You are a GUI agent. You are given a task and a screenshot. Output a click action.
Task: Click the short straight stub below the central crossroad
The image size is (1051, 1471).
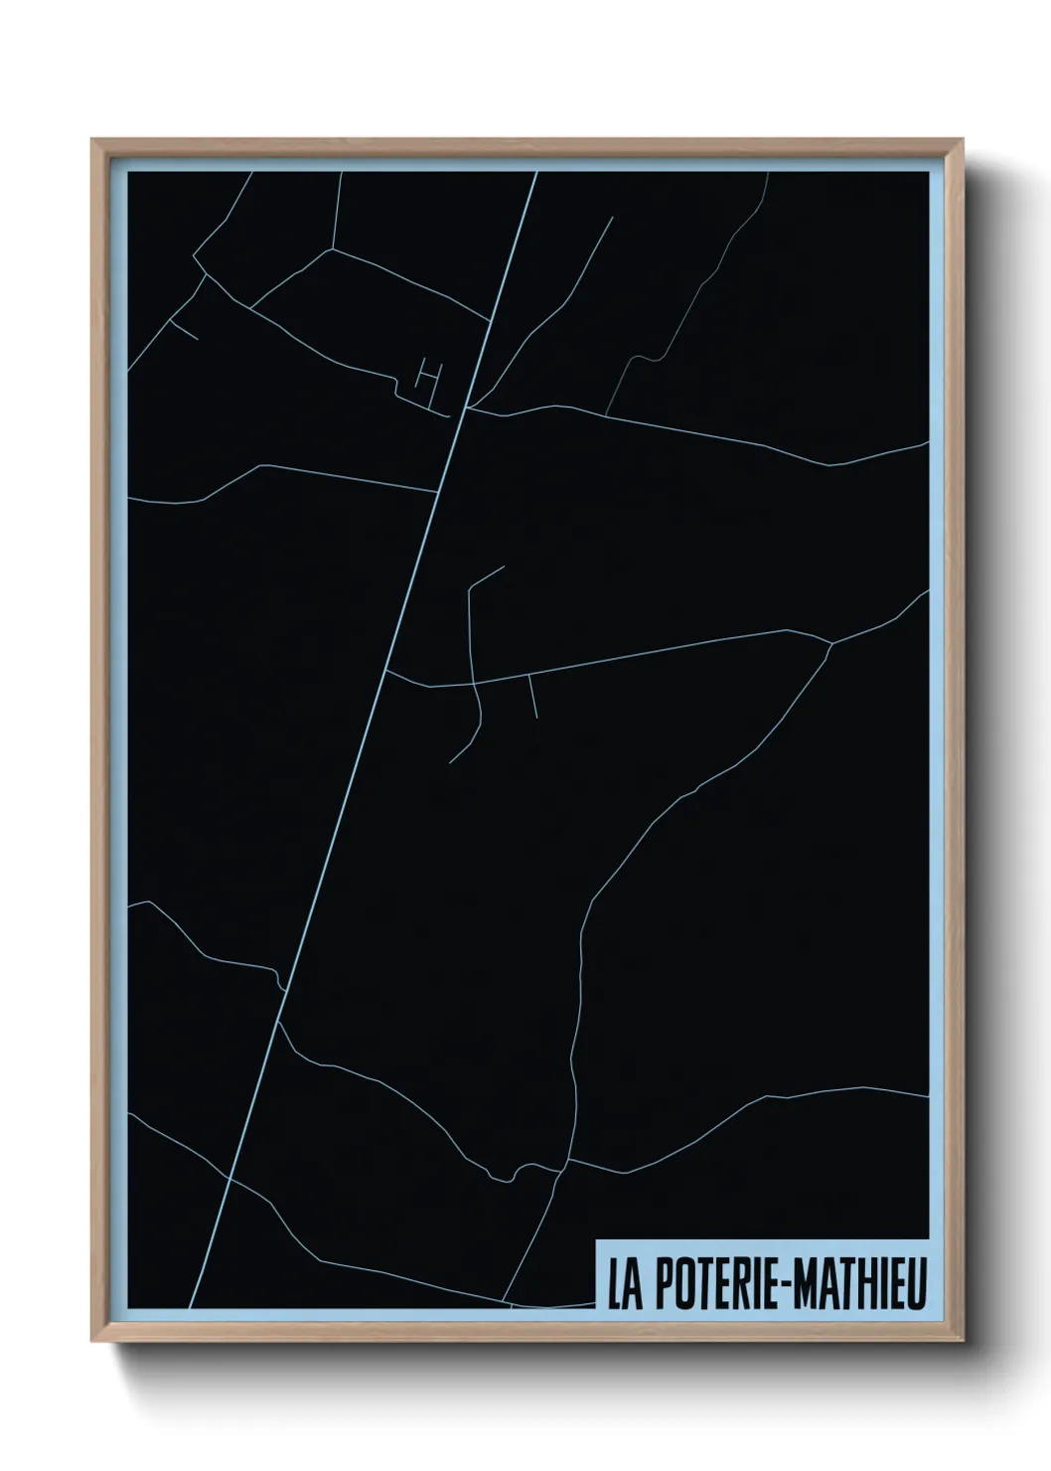click(532, 696)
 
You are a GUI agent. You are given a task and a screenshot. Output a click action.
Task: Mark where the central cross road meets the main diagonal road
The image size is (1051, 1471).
click(385, 670)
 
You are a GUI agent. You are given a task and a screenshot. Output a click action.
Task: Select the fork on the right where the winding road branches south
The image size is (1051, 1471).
click(830, 644)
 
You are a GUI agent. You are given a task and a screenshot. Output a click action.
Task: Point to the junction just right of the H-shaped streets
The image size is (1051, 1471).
click(468, 407)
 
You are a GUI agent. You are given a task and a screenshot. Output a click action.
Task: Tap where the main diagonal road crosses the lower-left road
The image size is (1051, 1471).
click(230, 1178)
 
